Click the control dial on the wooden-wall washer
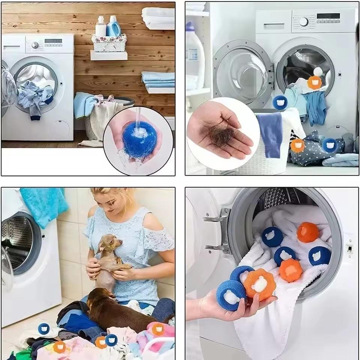click(x=35, y=45)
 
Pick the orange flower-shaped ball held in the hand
click(x=260, y=285)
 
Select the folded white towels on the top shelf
click(x=158, y=17)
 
